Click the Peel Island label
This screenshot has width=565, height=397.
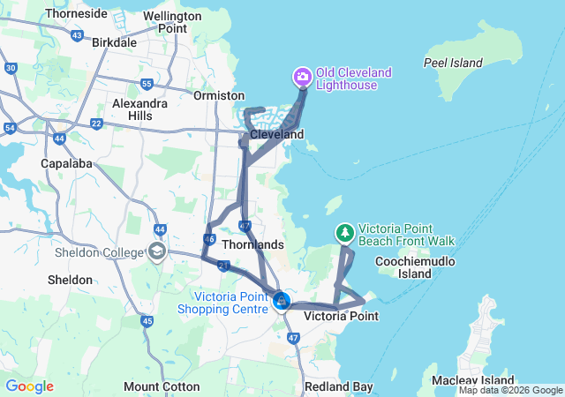point(453,63)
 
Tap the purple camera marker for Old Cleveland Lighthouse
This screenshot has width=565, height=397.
point(303,78)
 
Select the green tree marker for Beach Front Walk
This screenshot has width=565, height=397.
point(344,233)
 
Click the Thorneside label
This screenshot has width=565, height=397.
point(76,14)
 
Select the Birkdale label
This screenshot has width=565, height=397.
point(114,41)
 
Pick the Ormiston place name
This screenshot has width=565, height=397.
point(219,95)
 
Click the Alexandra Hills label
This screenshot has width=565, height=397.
point(139,109)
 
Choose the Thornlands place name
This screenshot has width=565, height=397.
point(252,243)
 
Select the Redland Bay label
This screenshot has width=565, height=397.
point(338,386)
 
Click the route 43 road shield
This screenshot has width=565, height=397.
point(78,36)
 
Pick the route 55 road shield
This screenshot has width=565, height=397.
point(147,85)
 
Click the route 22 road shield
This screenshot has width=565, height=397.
point(95,123)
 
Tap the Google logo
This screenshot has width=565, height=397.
point(29,386)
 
